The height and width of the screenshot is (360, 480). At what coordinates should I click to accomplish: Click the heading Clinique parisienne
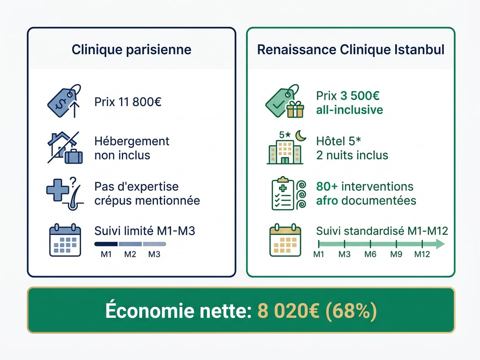click(131, 50)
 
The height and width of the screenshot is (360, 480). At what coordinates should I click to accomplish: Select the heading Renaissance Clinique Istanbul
click(351, 50)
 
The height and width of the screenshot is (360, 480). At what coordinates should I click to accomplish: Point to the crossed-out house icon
click(64, 147)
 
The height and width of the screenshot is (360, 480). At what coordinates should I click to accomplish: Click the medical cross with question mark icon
click(64, 193)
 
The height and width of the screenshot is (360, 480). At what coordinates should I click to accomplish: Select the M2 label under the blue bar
click(130, 255)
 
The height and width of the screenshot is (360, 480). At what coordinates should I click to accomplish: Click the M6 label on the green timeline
click(370, 255)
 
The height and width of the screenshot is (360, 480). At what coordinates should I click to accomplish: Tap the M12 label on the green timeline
click(422, 255)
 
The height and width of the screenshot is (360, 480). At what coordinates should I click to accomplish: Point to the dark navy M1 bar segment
click(106, 244)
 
